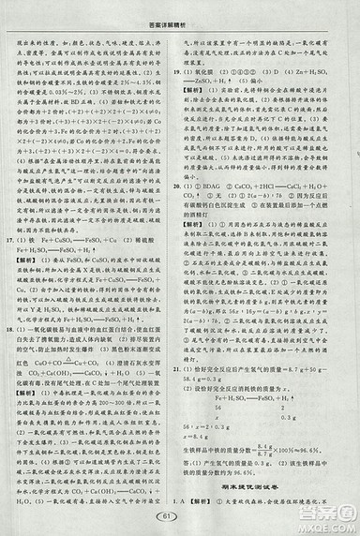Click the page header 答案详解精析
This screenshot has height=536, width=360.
[x=179, y=9]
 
